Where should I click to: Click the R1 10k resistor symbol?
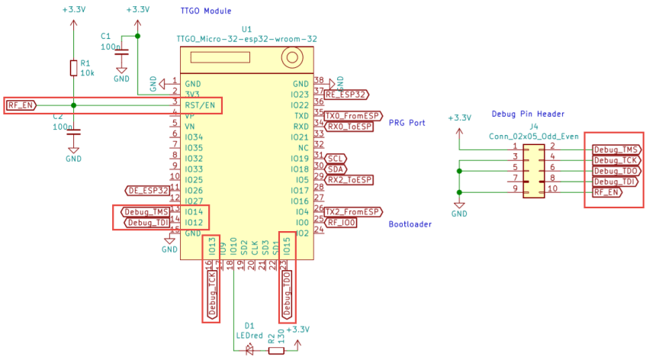[x=73, y=69]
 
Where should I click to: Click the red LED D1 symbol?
[x=249, y=351]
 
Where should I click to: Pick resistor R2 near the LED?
[x=276, y=351]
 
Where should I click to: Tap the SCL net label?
[x=336, y=158]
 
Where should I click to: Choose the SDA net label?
[x=336, y=169]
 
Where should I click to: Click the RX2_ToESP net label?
[x=350, y=179]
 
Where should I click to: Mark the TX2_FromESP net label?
[x=353, y=211]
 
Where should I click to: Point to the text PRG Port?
[x=407, y=122]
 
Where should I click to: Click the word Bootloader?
[x=410, y=224]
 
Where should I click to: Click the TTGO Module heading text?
[x=203, y=11]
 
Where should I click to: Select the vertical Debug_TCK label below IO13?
[x=213, y=294]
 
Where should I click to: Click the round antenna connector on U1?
[x=290, y=57]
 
